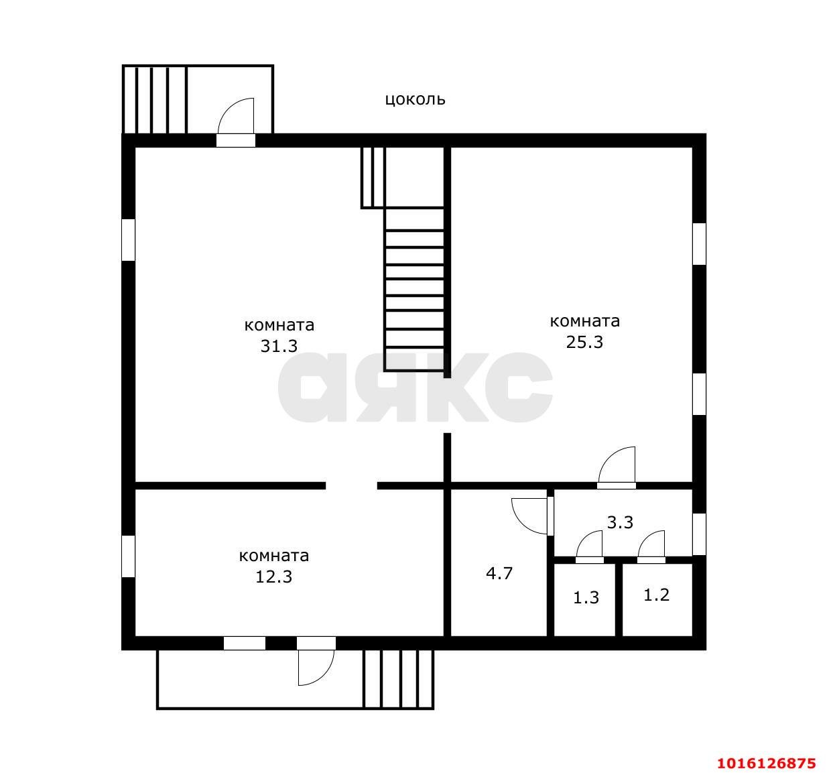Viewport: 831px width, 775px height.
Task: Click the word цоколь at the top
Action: (x=415, y=100)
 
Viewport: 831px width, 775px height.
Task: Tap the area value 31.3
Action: (x=279, y=345)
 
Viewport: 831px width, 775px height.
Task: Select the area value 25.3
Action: (x=584, y=342)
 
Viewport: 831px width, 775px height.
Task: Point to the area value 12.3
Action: (x=273, y=576)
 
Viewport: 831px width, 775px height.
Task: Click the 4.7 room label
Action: (x=499, y=573)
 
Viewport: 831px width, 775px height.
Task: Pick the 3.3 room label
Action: (x=620, y=522)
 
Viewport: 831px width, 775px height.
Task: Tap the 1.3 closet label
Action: (x=586, y=597)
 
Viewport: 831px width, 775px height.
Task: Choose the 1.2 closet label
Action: (x=657, y=595)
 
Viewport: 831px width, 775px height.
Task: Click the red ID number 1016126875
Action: (x=767, y=763)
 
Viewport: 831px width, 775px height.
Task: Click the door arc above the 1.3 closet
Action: (x=590, y=544)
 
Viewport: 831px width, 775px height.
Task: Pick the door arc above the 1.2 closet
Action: (x=652, y=544)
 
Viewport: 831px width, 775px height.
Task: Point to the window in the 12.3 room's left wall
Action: (x=128, y=556)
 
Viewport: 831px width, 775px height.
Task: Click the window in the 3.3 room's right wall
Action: (x=699, y=534)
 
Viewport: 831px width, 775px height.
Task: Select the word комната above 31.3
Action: (x=279, y=325)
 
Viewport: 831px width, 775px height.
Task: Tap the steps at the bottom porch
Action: (x=398, y=678)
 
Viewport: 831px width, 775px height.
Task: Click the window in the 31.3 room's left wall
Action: (x=128, y=239)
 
